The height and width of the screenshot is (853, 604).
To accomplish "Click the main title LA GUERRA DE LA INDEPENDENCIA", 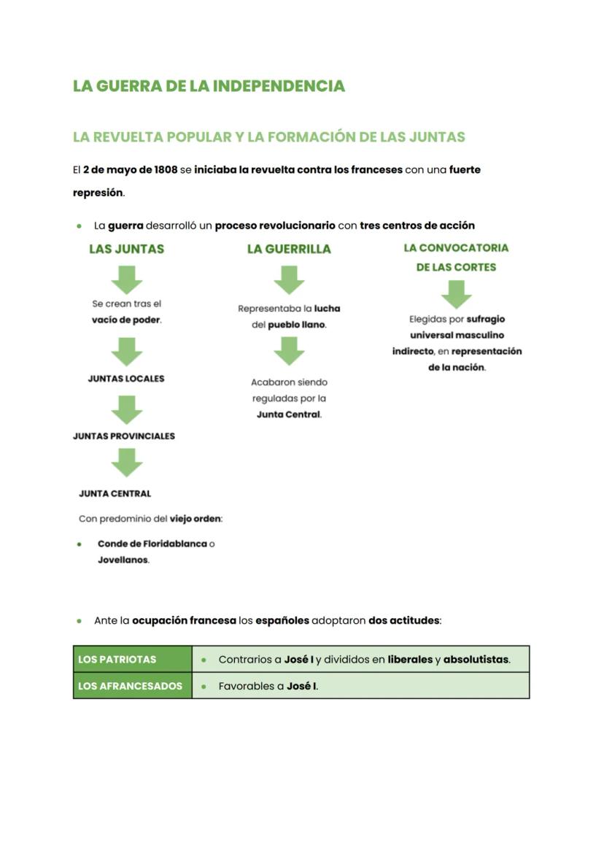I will pyautogui.click(x=209, y=86).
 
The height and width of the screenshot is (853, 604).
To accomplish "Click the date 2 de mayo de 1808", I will pyautogui.click(x=130, y=169).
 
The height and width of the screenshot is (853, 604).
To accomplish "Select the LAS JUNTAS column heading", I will pyautogui.click(x=126, y=249).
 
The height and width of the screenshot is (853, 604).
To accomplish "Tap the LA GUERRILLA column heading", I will pyautogui.click(x=289, y=249).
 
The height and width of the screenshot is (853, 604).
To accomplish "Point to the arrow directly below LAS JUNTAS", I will pyautogui.click(x=126, y=279).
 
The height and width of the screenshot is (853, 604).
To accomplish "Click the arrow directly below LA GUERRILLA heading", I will pyautogui.click(x=289, y=279).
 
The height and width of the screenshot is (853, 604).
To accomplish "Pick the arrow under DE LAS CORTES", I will pyautogui.click(x=456, y=293).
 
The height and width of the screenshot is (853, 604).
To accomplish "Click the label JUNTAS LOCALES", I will pyautogui.click(x=126, y=379).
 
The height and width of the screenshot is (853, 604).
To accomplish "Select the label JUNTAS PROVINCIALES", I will pyautogui.click(x=124, y=436).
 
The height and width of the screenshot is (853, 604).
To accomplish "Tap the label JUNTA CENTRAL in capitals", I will pyautogui.click(x=115, y=494).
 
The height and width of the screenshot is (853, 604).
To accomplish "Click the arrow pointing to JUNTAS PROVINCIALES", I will pyautogui.click(x=126, y=409).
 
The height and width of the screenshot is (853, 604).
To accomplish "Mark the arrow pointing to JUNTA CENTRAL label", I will pyautogui.click(x=126, y=463).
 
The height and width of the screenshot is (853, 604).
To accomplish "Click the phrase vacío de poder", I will pyautogui.click(x=125, y=320).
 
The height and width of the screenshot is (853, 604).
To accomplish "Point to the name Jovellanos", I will pyautogui.click(x=123, y=560).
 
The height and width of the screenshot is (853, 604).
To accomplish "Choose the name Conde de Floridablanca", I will pyautogui.click(x=152, y=544).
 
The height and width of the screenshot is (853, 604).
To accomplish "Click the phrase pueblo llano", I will pyautogui.click(x=296, y=325).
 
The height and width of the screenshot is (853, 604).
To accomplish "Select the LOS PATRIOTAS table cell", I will pyautogui.click(x=133, y=660).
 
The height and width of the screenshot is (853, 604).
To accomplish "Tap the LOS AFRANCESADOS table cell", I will pyautogui.click(x=133, y=687).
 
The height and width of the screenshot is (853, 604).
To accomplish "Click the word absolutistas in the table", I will pyautogui.click(x=476, y=660).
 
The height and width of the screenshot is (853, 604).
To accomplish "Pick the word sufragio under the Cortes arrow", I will pyautogui.click(x=485, y=320).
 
